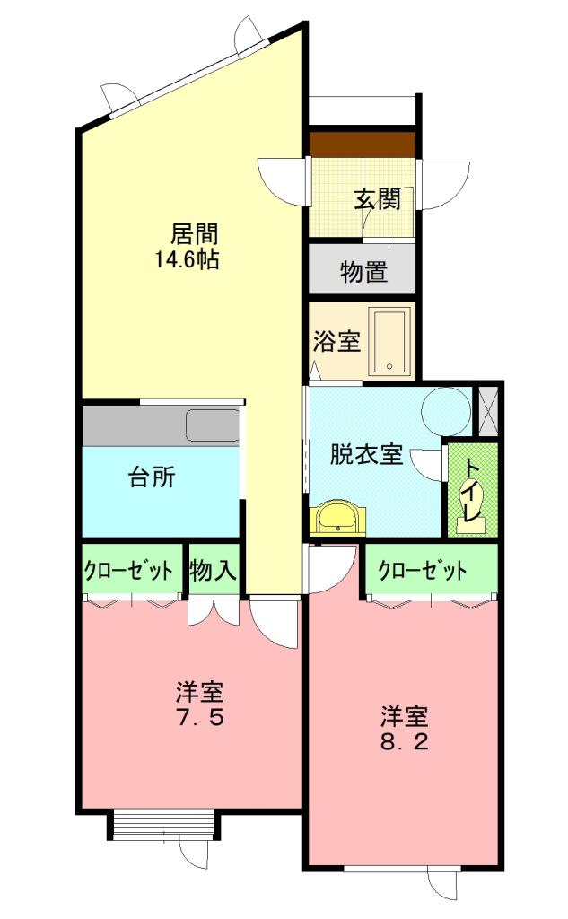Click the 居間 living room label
195,235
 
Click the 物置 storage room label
363,272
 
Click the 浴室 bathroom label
336,342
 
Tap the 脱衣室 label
365,455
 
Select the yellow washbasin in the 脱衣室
336,517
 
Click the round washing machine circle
446,409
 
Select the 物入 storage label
213,571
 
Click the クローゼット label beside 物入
128,571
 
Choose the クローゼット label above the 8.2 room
423,571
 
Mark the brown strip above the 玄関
363,144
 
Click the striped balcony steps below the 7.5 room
162,825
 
